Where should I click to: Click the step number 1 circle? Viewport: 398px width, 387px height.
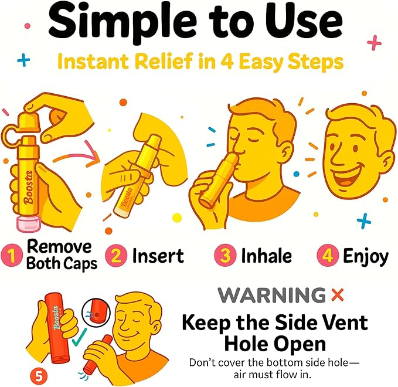click(11, 256)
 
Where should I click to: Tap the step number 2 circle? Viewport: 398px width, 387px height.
click(116, 256)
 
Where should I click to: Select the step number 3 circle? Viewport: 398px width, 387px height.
click(225, 255)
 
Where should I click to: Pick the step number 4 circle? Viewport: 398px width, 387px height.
click(328, 255)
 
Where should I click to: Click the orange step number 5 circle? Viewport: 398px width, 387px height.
click(39, 376)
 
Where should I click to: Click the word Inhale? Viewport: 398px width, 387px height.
click(266, 256)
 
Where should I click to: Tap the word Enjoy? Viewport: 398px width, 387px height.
click(366, 256)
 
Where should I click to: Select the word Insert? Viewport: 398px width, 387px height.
click(158, 256)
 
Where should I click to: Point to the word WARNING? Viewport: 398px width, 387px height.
click(271, 295)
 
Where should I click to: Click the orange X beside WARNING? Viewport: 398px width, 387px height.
click(338, 295)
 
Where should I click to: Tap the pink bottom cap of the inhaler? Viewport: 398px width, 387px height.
click(28, 224)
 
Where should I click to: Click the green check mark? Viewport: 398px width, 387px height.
click(79, 337)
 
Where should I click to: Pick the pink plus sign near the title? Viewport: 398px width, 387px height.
click(374, 42)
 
